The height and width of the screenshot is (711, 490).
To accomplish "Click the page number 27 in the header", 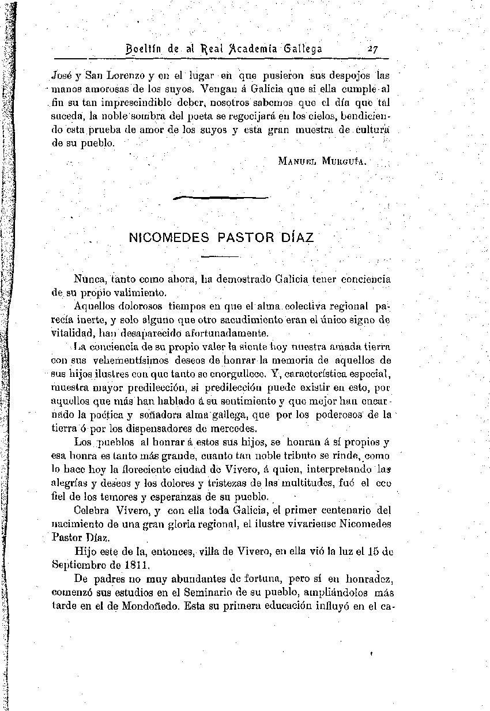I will pos(371,50).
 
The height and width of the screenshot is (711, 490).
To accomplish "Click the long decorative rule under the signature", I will pos(221,198).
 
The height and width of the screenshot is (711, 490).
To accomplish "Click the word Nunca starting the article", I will pos(89,279).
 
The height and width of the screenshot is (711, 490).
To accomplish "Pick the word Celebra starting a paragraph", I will pos(93,510).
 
